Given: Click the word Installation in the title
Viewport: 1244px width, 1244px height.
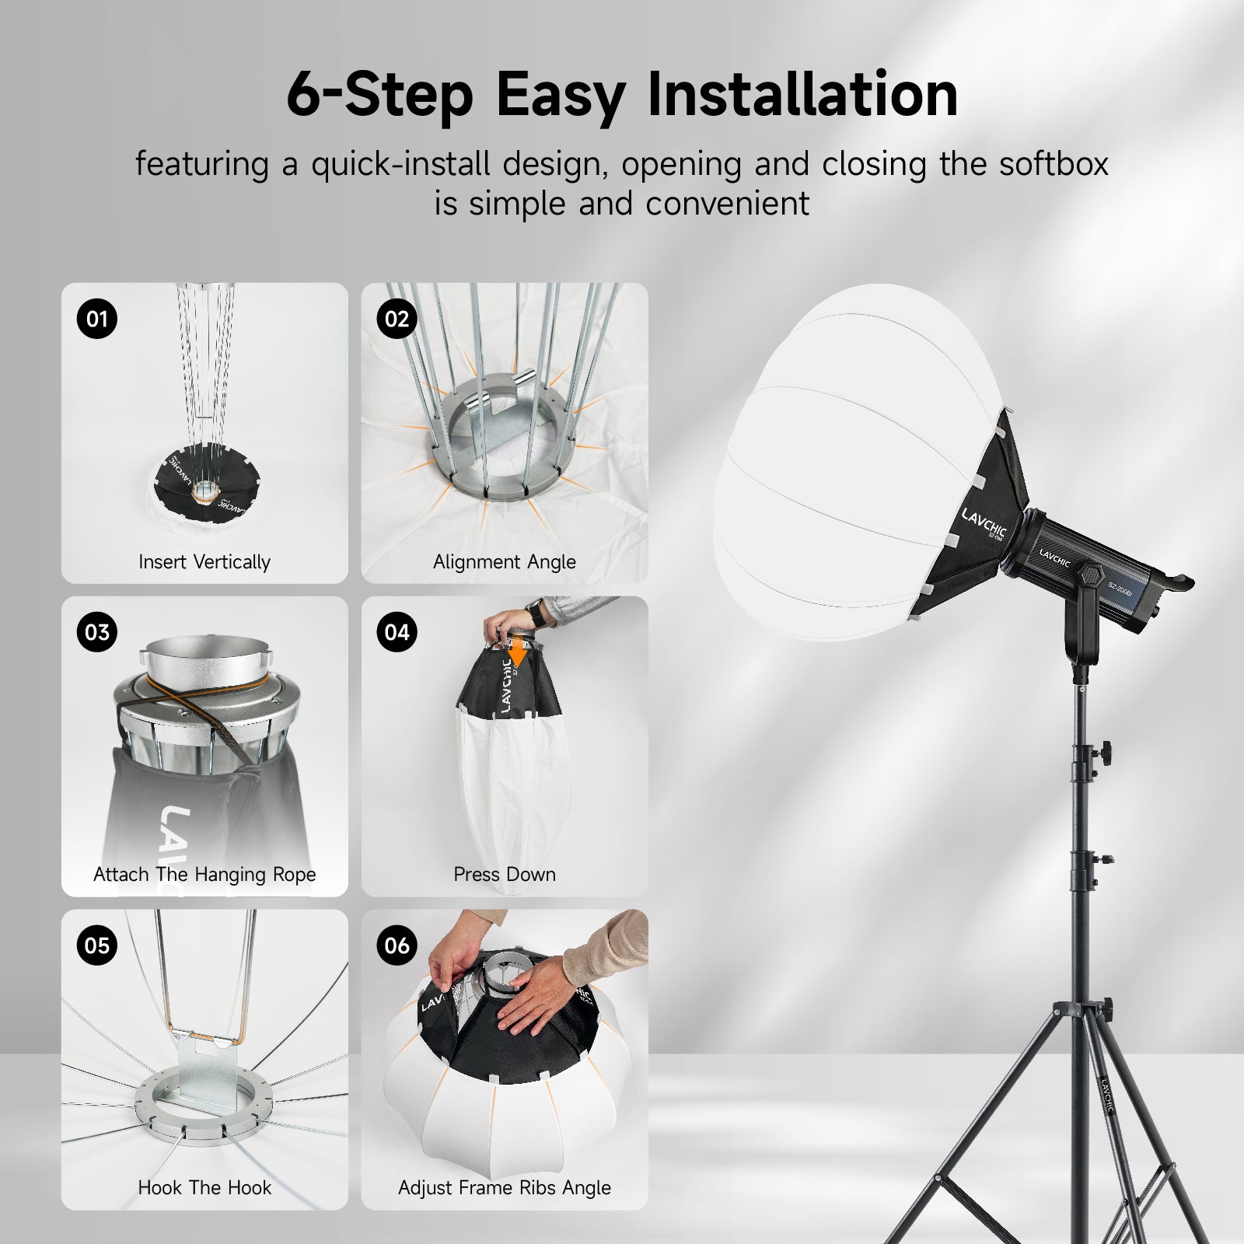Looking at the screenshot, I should pos(802,94).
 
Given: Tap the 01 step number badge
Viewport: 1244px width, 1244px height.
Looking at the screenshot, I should pos(97,319).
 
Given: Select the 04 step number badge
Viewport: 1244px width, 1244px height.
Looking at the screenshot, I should pos(397,632).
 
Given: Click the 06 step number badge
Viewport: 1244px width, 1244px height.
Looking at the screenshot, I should pos(397,945).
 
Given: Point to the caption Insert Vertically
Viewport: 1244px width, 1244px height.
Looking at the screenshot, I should pos(204,561).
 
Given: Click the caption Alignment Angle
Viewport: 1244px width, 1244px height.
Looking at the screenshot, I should pos(504,561).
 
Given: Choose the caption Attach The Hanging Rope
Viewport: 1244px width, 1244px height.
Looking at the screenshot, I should pos(204,874).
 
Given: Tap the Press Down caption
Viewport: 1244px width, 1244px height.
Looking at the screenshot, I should pos(504,874).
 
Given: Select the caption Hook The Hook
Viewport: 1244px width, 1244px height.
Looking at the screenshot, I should pos(204,1187).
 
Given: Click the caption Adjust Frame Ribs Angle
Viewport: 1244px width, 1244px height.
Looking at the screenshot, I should pos(504,1187).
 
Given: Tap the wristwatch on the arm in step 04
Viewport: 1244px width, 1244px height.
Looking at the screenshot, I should pos(536,614).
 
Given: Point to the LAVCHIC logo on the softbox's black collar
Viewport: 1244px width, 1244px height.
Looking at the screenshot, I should pos(984,526).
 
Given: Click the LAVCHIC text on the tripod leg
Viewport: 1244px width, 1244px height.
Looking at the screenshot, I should pos(1107,1095).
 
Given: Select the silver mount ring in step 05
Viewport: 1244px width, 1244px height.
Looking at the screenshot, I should pos(204,1104).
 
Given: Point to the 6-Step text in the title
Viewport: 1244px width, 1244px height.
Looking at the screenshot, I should pos(379,94).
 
